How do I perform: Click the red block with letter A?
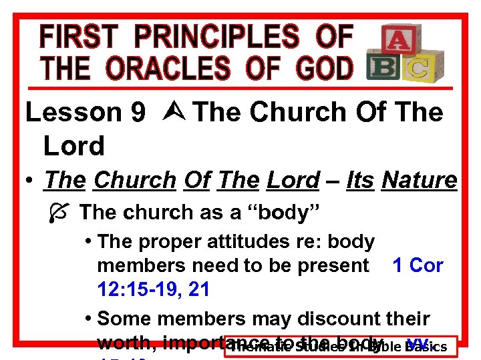pos(396,41)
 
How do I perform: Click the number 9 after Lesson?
pos(138,113)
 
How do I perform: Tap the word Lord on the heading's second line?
pos(73,146)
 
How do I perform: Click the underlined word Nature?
pos(419,180)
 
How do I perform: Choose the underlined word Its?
pos(361,180)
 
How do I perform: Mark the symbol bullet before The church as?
pos(57,213)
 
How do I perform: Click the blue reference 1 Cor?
pos(418,265)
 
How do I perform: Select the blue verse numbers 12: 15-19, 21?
pos(153,289)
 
